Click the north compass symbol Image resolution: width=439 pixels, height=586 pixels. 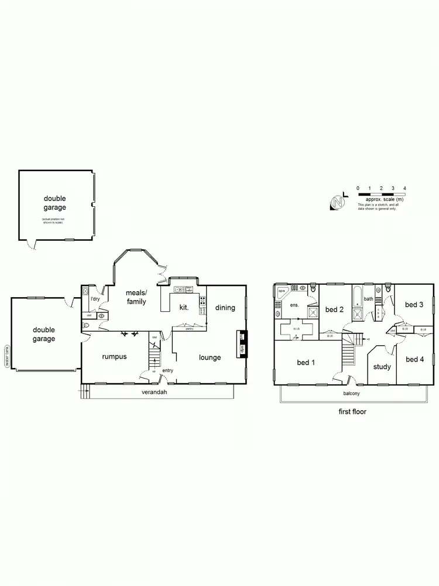point(337,202)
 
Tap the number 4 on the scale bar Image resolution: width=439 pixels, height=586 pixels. point(405,188)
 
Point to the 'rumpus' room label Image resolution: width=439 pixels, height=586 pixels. point(115,356)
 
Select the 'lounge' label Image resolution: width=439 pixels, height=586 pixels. point(210,357)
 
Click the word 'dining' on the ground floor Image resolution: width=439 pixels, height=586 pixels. point(225,308)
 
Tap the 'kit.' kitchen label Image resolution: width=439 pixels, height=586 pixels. point(184,308)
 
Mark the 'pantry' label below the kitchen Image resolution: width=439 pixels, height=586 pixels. point(189,329)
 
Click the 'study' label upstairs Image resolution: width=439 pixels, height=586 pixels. point(382,367)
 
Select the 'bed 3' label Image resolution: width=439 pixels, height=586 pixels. point(414,305)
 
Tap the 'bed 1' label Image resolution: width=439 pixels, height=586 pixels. point(306,363)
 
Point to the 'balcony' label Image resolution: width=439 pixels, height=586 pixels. point(352,393)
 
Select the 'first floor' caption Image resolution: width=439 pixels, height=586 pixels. point(352,411)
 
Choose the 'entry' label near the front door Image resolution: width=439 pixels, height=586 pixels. point(168,370)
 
